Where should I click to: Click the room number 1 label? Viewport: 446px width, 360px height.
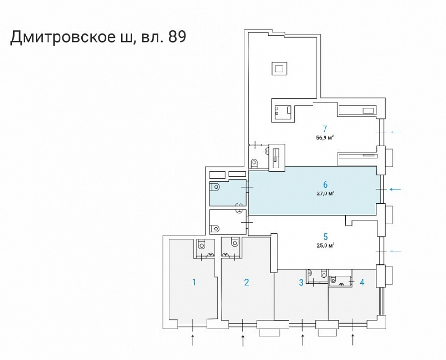coord(194,282)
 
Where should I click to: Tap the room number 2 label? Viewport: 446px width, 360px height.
coord(246,282)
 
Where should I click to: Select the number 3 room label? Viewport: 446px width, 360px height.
coord(301,282)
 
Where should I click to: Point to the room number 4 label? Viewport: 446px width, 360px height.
coord(362,282)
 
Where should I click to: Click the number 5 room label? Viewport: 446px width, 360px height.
coord(325,236)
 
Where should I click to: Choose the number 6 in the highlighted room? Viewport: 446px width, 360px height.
coord(325,185)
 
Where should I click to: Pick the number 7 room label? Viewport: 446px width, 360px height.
coord(325,128)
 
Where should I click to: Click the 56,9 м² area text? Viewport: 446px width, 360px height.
coord(325,137)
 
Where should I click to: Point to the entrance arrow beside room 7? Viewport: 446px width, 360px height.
coord(398,132)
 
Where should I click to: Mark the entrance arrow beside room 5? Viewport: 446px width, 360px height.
coord(398,251)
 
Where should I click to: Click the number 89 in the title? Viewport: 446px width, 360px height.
coord(176,37)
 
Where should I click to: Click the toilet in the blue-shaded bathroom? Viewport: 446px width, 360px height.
coord(216,186)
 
